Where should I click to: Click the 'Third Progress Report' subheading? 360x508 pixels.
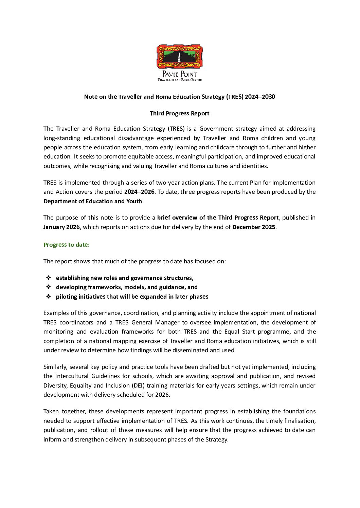(179, 113)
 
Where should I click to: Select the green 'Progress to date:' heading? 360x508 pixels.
(67, 245)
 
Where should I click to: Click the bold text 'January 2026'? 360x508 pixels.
(61, 227)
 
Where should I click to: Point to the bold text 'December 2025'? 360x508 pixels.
(254, 227)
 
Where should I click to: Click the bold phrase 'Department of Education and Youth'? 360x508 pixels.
(93, 201)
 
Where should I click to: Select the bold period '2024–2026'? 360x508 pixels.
(139, 192)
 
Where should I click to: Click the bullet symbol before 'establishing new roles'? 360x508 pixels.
(49, 278)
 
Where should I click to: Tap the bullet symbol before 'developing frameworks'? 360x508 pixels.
(49, 287)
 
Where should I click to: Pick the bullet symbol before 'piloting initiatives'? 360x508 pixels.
(49, 297)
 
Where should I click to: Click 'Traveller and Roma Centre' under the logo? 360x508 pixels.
(179, 80)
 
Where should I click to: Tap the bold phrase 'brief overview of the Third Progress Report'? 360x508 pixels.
(218, 218)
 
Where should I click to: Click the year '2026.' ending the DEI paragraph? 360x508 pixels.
(163, 395)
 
